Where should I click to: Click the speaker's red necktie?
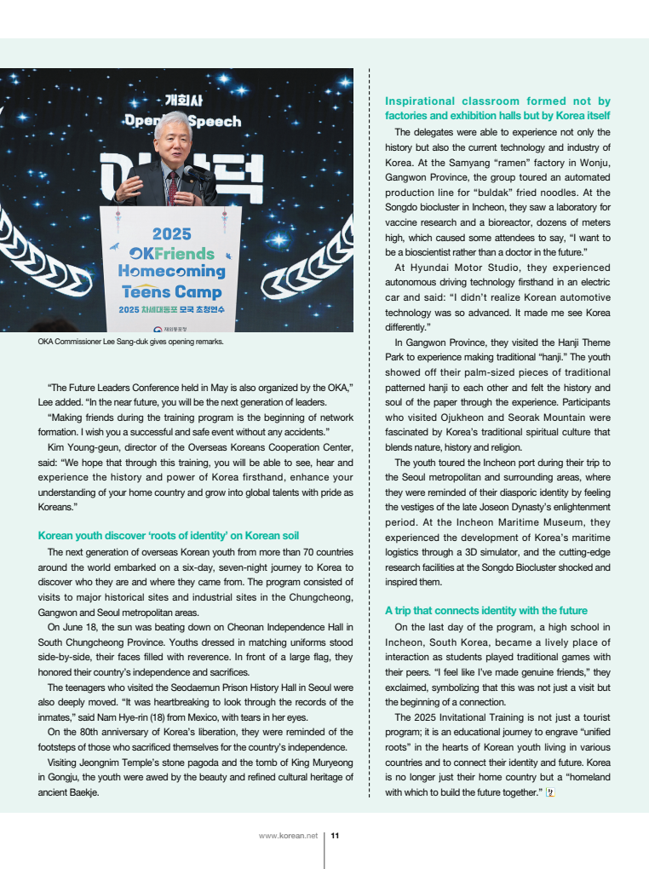173,185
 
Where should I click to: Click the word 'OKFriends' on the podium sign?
171,253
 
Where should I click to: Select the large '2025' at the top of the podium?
171,233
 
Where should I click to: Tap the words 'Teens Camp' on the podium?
171,292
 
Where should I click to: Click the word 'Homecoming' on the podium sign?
171,272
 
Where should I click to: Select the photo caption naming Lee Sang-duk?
130,342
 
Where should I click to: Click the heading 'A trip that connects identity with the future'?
485,610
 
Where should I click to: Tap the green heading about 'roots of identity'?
169,535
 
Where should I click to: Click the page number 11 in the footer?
336,836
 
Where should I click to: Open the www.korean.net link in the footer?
288,836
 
